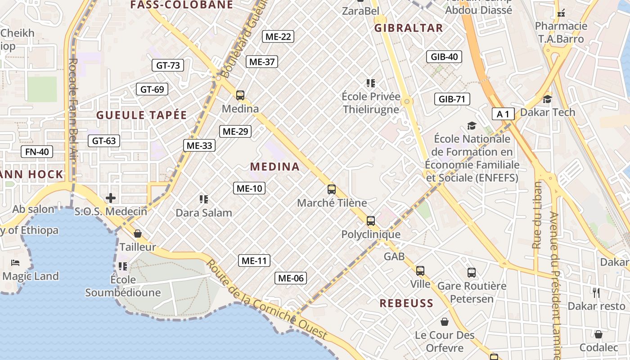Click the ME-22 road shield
278,36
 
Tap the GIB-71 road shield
452,99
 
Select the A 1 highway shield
503,114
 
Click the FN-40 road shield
37,152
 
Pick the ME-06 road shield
291,278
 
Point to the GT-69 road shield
152,89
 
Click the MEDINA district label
275,166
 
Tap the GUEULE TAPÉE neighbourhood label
141,115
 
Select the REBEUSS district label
406,303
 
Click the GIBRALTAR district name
409,28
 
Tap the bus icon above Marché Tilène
332,189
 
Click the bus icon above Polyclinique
371,221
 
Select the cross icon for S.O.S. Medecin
111,198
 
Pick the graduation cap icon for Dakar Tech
547,99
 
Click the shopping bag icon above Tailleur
138,234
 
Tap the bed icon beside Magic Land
16,262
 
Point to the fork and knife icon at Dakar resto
596,293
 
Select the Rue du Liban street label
537,215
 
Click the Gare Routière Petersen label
472,292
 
